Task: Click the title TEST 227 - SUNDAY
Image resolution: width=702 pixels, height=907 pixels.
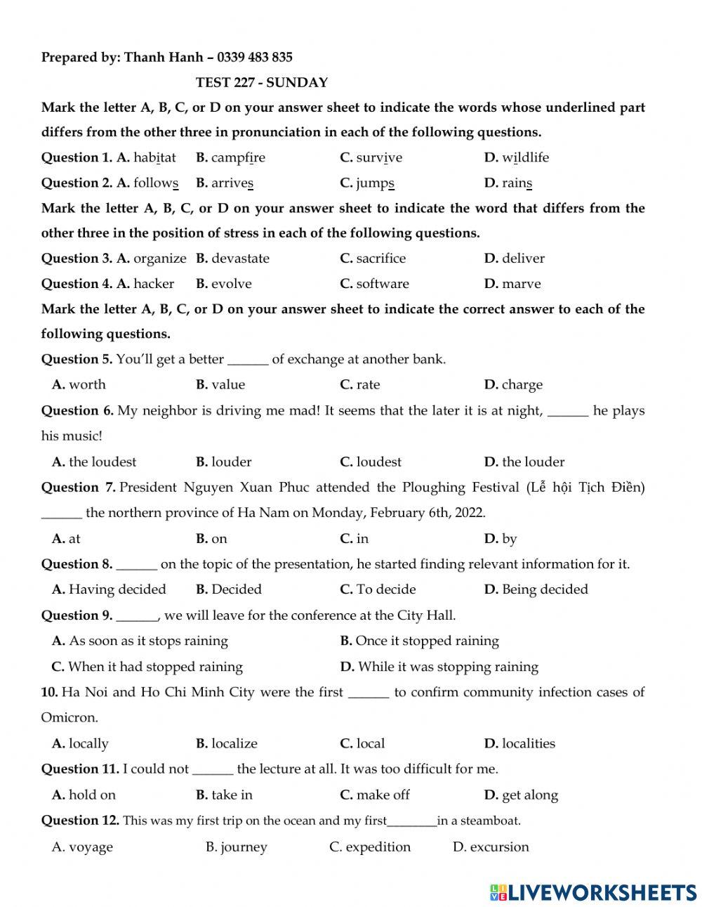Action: (x=261, y=82)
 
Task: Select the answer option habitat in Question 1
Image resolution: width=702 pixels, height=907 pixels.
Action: (x=154, y=157)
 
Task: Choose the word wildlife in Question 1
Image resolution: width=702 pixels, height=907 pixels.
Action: (x=525, y=157)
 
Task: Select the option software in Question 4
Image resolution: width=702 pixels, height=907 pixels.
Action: (x=382, y=284)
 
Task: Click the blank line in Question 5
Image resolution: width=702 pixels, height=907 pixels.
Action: (x=248, y=360)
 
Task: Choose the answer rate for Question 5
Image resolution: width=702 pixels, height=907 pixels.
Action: (x=368, y=385)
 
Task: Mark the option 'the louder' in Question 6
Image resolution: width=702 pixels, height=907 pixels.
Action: (x=533, y=462)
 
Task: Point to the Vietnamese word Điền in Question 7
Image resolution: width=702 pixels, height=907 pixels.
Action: (x=627, y=487)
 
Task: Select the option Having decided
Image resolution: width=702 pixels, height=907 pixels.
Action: (x=117, y=589)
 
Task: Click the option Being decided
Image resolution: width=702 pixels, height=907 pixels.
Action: (x=545, y=589)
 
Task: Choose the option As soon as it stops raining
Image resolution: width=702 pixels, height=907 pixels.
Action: (x=148, y=641)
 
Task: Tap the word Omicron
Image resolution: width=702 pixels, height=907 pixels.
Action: (x=69, y=718)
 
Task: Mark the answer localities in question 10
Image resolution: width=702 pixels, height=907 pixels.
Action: (x=528, y=743)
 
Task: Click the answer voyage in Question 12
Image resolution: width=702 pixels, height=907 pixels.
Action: (x=91, y=847)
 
